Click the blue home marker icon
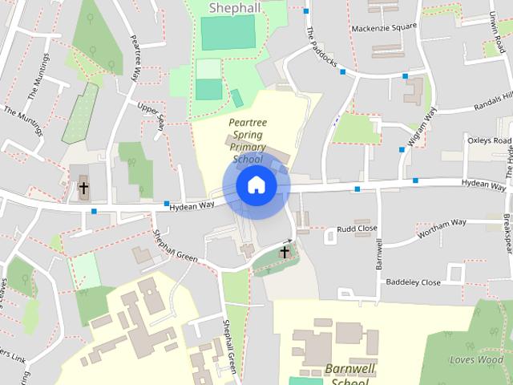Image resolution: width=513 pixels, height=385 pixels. coord(256,185)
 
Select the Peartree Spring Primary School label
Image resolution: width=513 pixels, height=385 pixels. coord(247,140)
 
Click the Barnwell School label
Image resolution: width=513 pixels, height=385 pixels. coord(351,375)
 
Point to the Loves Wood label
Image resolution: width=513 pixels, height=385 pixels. coord(477,359)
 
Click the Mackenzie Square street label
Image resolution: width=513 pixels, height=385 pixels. coord(384,27)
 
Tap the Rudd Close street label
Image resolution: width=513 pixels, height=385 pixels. coord(357,229)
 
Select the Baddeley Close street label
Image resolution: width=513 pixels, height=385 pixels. coord(413,282)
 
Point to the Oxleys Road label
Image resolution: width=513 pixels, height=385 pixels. coord(489,141)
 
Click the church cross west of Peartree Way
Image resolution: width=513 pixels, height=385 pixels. coord(83,188)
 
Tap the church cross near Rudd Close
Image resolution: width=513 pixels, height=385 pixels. coord(284,253)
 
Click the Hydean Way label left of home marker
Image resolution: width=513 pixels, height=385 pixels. coord(192,207)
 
